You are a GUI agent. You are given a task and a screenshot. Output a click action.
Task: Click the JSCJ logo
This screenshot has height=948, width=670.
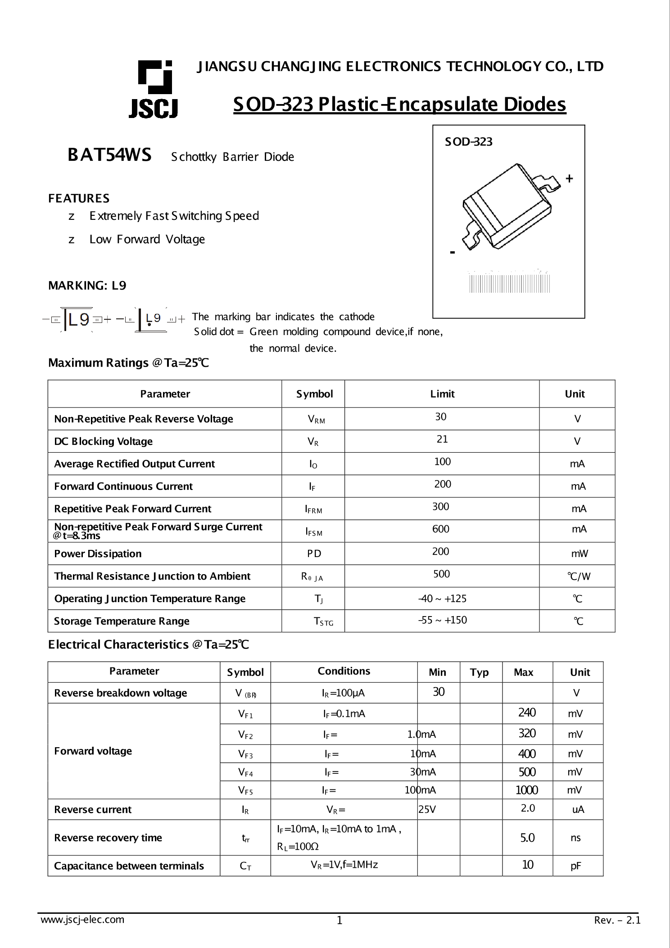click(154, 89)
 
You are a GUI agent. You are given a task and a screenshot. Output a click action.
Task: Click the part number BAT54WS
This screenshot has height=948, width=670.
click(109, 155)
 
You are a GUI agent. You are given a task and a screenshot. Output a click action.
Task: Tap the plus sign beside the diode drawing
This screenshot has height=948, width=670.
click(569, 179)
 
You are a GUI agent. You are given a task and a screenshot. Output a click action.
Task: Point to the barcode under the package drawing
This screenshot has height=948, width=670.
click(509, 283)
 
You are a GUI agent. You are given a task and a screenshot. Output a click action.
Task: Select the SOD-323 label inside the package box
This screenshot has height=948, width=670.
click(469, 142)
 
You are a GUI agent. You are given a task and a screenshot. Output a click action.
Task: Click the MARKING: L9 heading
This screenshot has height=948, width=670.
click(87, 286)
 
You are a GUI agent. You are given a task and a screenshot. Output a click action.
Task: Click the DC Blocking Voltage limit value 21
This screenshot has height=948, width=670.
click(442, 439)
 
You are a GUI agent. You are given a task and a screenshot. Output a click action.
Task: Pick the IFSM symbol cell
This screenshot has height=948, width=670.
click(313, 532)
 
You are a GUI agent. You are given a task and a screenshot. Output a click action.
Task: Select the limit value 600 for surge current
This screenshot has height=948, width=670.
click(440, 529)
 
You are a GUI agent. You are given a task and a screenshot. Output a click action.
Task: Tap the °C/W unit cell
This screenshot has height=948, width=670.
click(579, 576)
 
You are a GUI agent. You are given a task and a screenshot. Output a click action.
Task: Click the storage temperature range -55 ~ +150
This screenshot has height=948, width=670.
click(442, 620)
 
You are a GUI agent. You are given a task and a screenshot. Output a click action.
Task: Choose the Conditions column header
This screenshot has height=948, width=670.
click(344, 671)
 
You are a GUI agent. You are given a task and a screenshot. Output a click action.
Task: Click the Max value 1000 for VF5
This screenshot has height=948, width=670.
click(526, 790)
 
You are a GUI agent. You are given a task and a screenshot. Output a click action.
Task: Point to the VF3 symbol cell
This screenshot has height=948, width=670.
click(245, 754)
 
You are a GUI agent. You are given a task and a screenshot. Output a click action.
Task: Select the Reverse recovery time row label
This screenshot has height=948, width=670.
click(108, 838)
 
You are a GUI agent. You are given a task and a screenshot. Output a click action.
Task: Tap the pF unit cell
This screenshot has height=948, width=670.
click(575, 866)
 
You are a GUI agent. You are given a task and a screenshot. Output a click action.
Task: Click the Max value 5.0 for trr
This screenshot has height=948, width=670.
click(527, 838)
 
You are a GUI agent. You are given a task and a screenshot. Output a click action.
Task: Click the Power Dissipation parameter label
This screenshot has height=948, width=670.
click(98, 553)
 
